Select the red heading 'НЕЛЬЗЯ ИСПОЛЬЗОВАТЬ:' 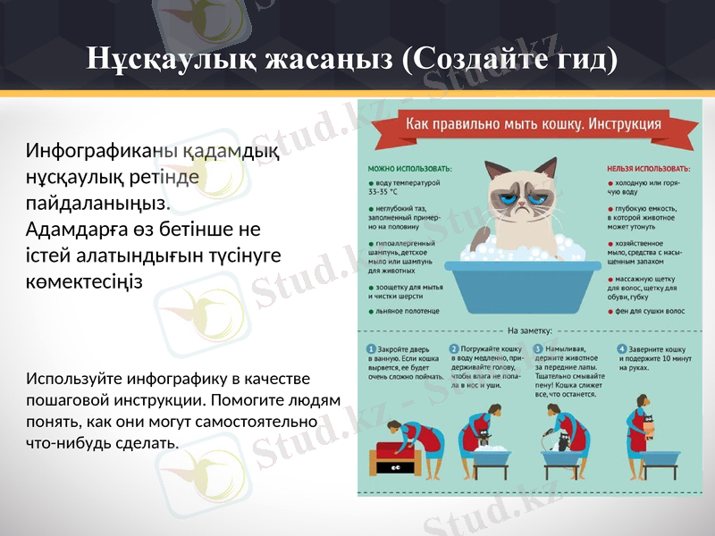(648, 167)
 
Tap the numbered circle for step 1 (371, 349)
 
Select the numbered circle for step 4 (622, 349)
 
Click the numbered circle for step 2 (454, 349)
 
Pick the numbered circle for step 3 (537, 349)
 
